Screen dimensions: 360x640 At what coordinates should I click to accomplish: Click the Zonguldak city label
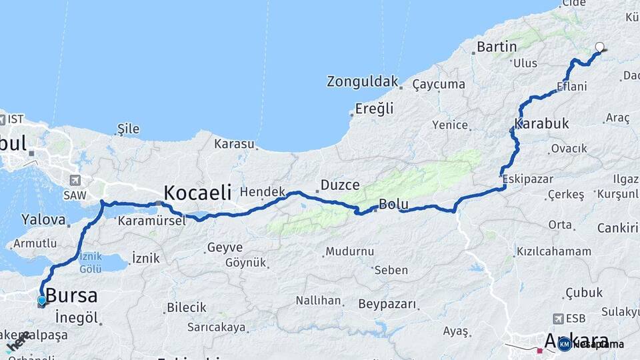pyautogui.click(x=362, y=81)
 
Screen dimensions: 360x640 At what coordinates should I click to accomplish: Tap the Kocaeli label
pyautogui.click(x=197, y=193)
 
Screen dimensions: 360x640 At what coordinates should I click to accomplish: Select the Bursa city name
pyautogui.click(x=71, y=295)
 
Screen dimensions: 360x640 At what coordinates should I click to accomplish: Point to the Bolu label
pyautogui.click(x=393, y=204)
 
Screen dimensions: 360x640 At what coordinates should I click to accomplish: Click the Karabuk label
pyautogui.click(x=541, y=124)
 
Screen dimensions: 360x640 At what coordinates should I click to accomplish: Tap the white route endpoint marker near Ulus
pyautogui.click(x=599, y=47)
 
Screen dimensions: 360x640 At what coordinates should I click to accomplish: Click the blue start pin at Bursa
pyautogui.click(x=42, y=301)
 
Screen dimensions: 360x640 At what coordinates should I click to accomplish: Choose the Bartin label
pyautogui.click(x=497, y=47)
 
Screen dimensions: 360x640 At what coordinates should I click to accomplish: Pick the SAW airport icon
pyautogui.click(x=74, y=180)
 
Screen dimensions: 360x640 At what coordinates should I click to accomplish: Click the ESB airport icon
pyautogui.click(x=557, y=319)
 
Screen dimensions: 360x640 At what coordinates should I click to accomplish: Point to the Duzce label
pyautogui.click(x=340, y=185)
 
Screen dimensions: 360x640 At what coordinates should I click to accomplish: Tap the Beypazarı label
pyautogui.click(x=387, y=304)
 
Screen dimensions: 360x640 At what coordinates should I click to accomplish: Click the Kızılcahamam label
pyautogui.click(x=553, y=251)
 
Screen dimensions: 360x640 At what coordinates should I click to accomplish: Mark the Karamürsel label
pyautogui.click(x=151, y=221)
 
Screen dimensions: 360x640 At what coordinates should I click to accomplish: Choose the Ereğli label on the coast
pyautogui.click(x=374, y=108)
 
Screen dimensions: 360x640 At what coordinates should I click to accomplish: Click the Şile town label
pyautogui.click(x=127, y=127)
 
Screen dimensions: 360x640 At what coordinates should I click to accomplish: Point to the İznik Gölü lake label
pyautogui.click(x=90, y=263)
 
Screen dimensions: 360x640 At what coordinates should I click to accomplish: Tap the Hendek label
pyautogui.click(x=262, y=191)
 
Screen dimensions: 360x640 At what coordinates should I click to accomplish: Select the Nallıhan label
pyautogui.click(x=318, y=300)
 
